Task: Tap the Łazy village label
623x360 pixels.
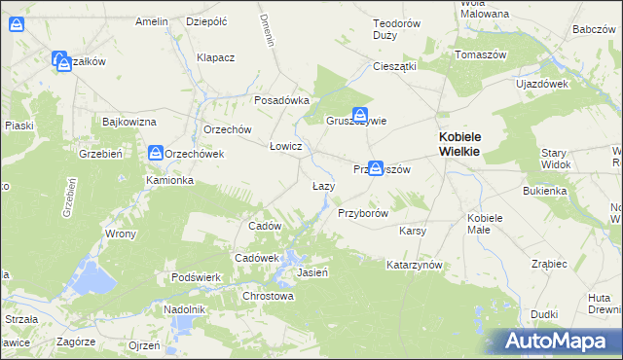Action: pyautogui.click(x=324, y=186)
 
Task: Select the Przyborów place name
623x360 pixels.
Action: pyautogui.click(x=363, y=213)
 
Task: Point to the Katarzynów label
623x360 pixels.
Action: pyautogui.click(x=415, y=265)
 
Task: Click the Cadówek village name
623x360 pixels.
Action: pyautogui.click(x=257, y=258)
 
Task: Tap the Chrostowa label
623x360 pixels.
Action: pyautogui.click(x=268, y=296)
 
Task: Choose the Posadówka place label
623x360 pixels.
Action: pyautogui.click(x=281, y=100)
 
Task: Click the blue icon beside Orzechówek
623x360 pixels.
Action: pyautogui.click(x=156, y=153)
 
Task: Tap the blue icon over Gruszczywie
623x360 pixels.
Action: pyautogui.click(x=359, y=114)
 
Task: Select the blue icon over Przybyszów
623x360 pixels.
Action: pyautogui.click(x=375, y=168)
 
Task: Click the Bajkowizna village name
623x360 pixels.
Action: pyautogui.click(x=129, y=122)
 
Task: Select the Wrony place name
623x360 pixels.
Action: pyautogui.click(x=121, y=234)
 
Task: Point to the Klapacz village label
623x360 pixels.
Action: pyautogui.click(x=216, y=57)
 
